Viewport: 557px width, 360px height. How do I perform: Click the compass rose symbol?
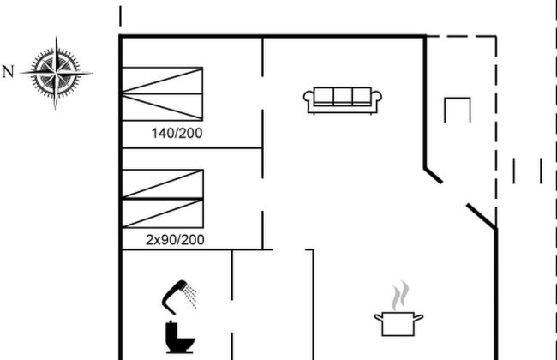[x=56, y=73]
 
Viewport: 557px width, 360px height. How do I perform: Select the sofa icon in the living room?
[x=343, y=99]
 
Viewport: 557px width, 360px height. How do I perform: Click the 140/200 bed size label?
[x=177, y=133]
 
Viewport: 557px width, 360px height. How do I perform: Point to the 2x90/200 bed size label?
[x=174, y=240]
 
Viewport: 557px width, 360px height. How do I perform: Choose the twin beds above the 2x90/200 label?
[x=162, y=198]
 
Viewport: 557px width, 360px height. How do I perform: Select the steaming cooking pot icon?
[x=398, y=322]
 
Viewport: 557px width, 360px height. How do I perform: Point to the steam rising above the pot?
[x=398, y=297]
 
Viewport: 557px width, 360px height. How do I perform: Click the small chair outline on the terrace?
[x=458, y=110]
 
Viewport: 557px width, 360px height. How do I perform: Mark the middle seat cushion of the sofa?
[x=343, y=95]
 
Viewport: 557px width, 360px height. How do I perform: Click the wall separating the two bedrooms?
[x=190, y=148]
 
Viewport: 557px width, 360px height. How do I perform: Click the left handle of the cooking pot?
[x=377, y=318]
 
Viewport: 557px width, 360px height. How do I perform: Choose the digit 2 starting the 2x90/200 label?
[x=149, y=240]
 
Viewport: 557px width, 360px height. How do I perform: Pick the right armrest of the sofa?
[x=377, y=100]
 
